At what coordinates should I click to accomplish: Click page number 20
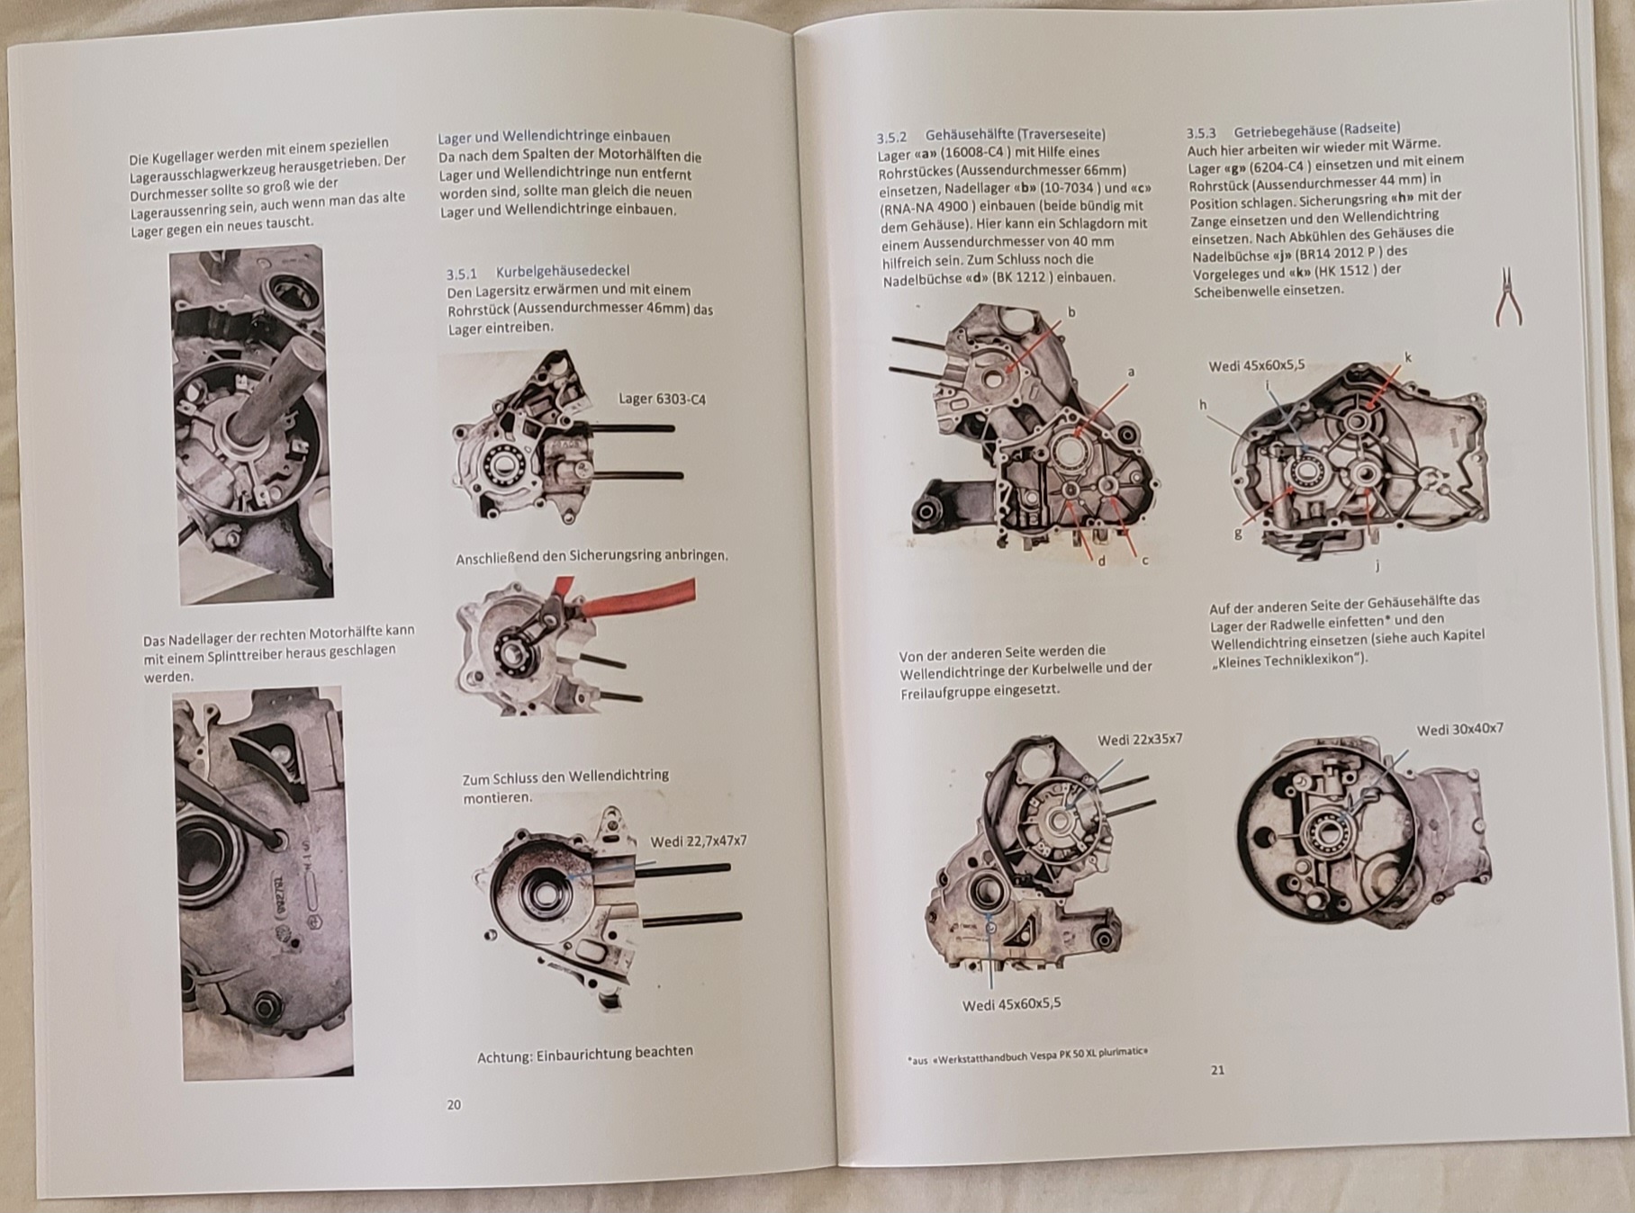point(454,1104)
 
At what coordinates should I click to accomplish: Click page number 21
point(1217,1070)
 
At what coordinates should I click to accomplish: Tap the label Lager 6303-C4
point(662,399)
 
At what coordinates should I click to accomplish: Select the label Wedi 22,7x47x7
point(699,841)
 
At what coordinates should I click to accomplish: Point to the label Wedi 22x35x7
point(1140,740)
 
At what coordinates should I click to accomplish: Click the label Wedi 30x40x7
point(1459,729)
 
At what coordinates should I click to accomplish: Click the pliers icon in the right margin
point(1508,296)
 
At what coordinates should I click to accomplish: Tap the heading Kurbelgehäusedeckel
point(563,271)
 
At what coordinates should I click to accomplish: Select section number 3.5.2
point(891,138)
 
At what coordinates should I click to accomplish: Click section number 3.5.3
point(1201,132)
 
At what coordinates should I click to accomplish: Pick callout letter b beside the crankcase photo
point(1071,312)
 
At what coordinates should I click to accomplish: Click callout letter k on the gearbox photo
point(1408,357)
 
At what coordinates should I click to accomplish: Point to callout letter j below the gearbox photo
point(1378,565)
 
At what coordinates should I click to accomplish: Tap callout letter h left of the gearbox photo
point(1203,405)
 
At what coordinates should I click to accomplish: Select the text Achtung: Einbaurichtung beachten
point(585,1054)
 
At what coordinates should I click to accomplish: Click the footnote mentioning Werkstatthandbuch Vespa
point(1027,1055)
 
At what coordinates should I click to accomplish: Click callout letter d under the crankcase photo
point(1101,561)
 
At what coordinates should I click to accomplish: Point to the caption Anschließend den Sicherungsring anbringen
point(592,557)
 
